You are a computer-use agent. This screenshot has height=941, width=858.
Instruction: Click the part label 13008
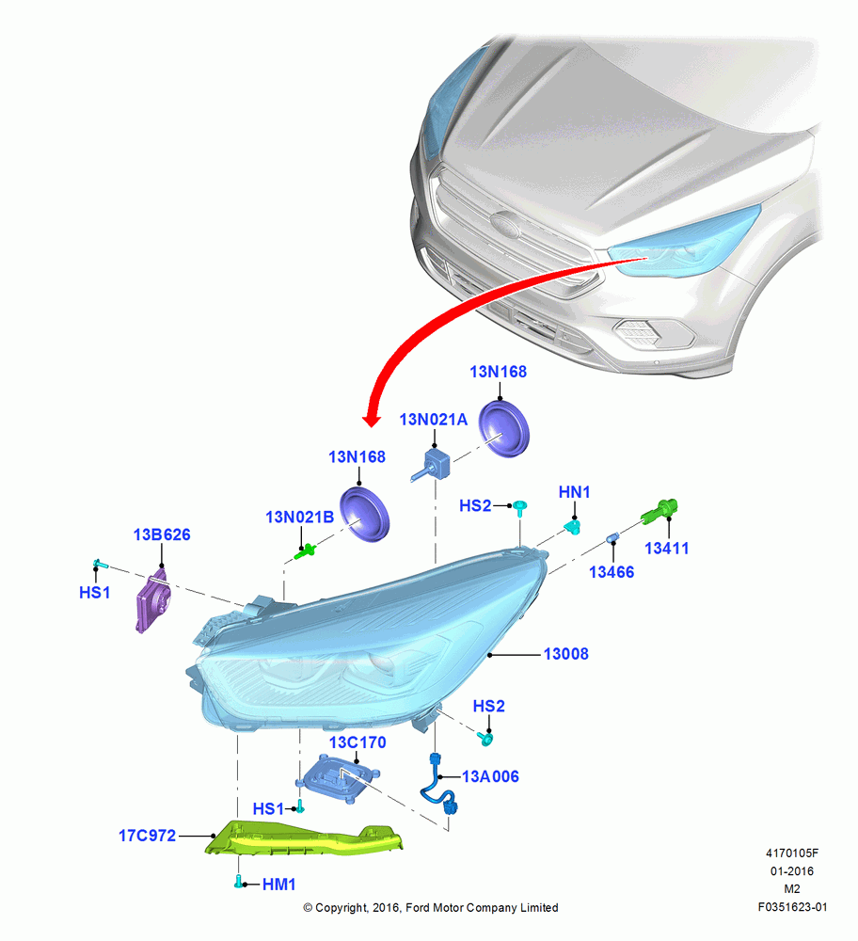[x=565, y=654]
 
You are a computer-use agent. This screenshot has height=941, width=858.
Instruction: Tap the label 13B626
[x=162, y=534]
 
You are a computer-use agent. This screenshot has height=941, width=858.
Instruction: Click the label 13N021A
[x=433, y=420]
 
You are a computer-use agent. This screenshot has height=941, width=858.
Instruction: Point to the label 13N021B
[x=299, y=517]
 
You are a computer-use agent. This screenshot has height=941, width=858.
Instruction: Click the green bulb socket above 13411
[x=660, y=511]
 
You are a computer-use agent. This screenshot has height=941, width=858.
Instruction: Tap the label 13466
[x=612, y=572]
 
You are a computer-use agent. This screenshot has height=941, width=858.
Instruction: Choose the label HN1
[x=574, y=492]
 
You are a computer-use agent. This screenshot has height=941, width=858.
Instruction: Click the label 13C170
[x=357, y=742]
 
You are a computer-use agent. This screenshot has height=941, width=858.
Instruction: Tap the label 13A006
[x=490, y=776]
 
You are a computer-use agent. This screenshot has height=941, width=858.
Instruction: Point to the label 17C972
[x=147, y=836]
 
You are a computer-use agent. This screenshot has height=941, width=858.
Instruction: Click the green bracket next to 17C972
[x=304, y=837]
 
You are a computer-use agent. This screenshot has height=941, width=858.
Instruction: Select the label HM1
[x=279, y=884]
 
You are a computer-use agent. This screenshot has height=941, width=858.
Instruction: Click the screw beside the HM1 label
[x=239, y=883]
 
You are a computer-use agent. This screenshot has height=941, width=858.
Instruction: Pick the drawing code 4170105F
[x=792, y=853]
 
